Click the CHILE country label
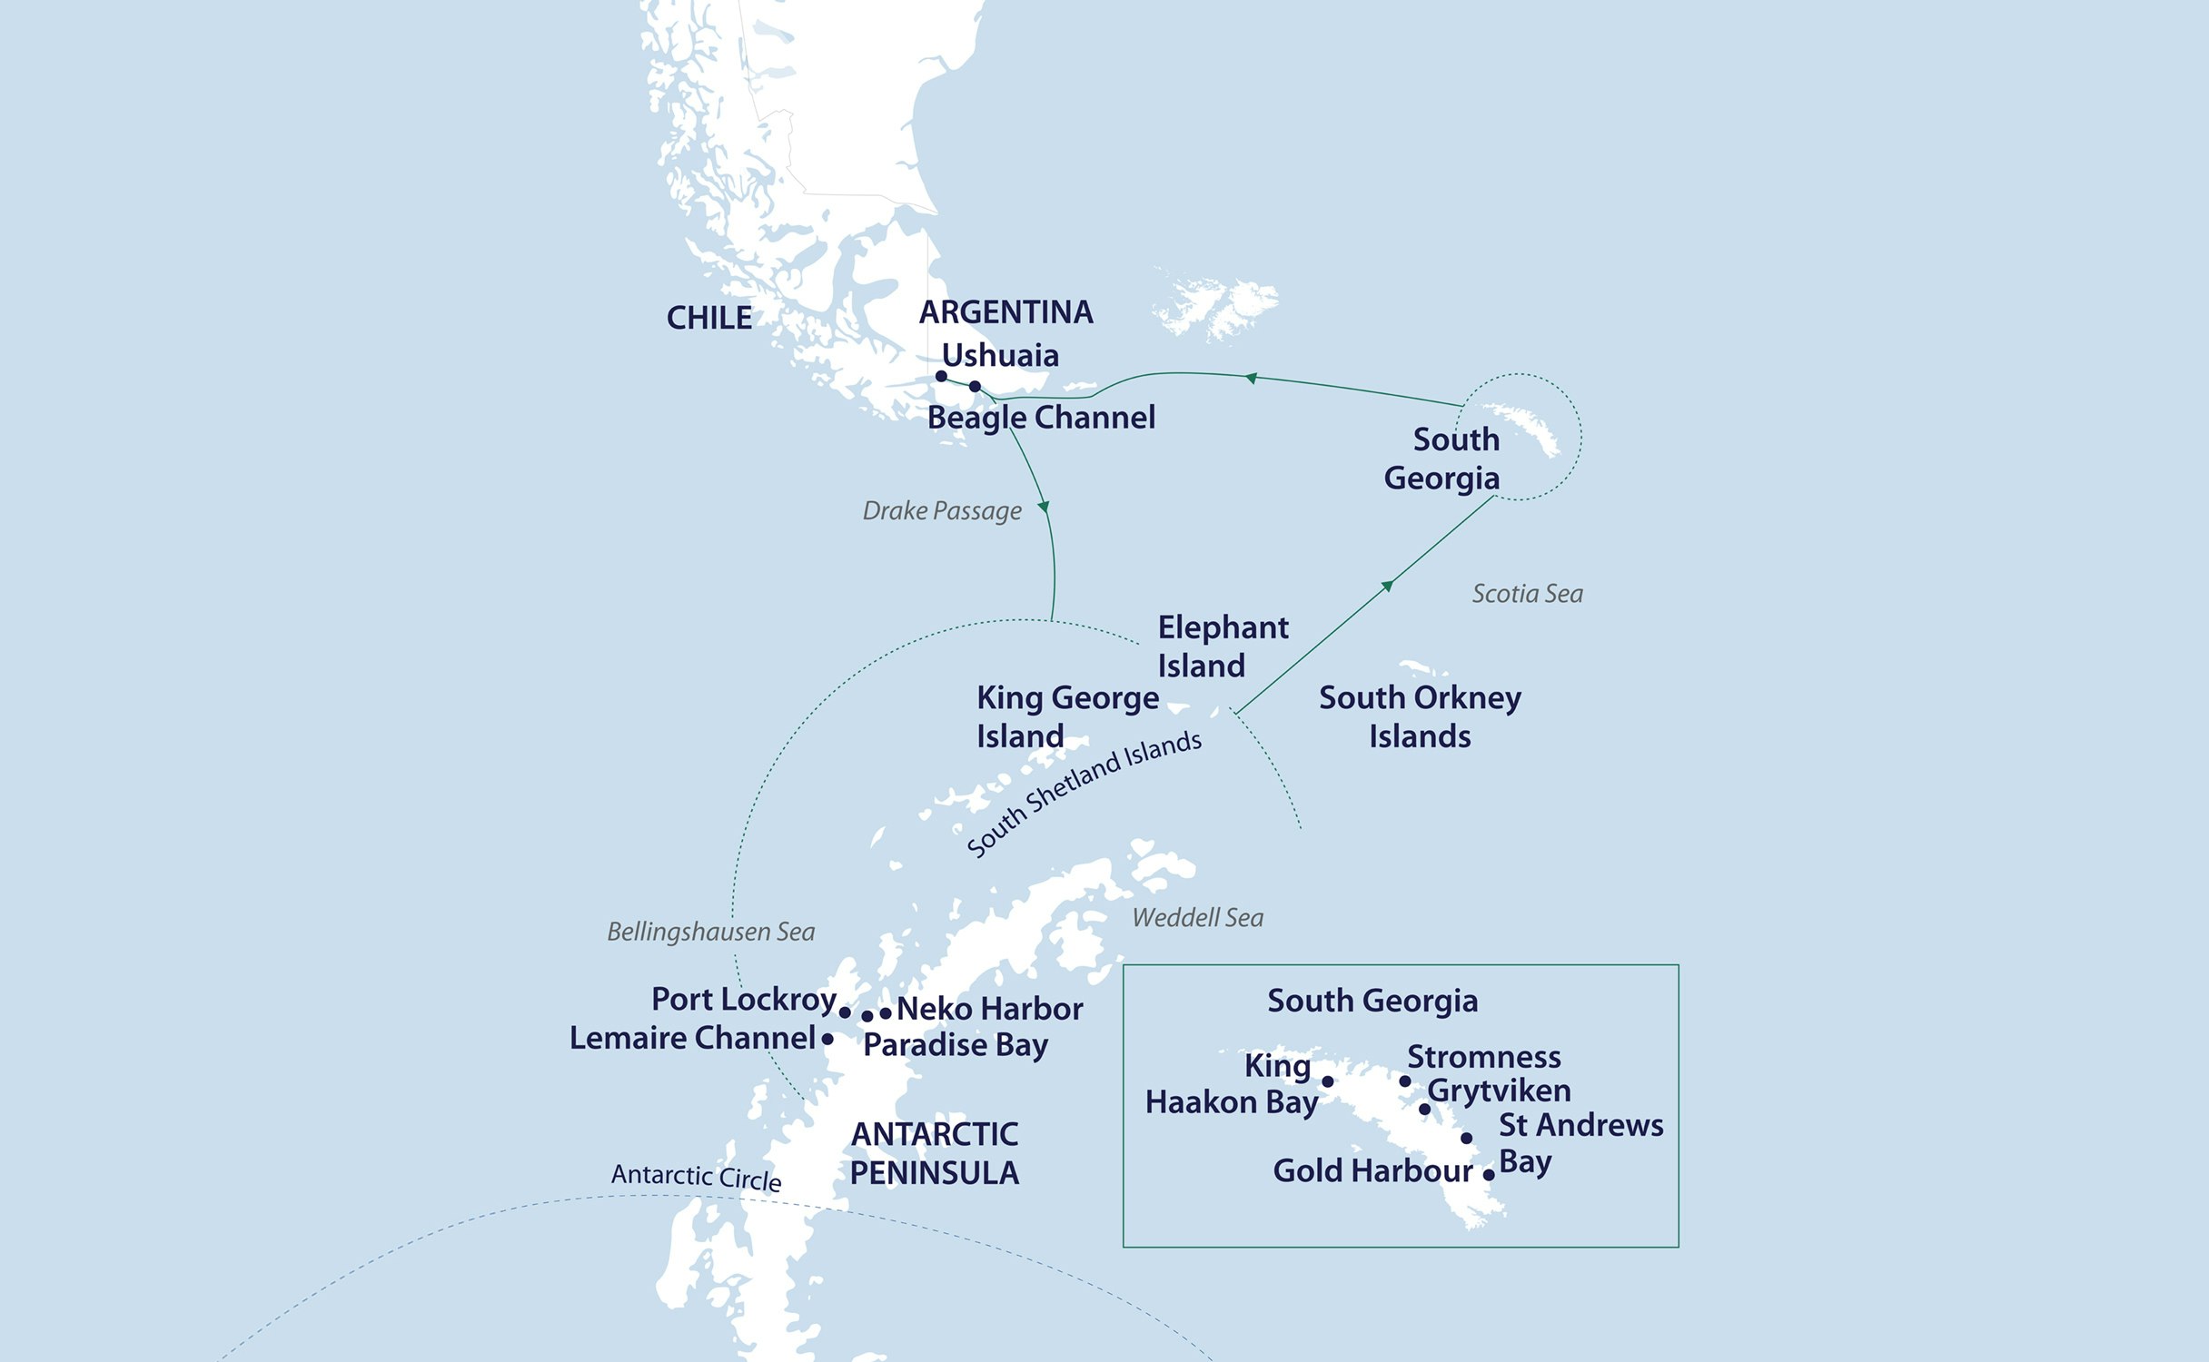708,318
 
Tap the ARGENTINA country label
1005,312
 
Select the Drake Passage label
942,511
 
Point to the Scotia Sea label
1527,594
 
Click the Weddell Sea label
1197,918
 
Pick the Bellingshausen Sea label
710,932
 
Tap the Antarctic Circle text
696,1177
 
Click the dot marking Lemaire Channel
827,1039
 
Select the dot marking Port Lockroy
845,1012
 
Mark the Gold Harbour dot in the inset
1489,1175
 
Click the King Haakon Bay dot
1328,1081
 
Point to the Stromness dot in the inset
1405,1081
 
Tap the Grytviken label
1499,1091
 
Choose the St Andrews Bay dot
1467,1139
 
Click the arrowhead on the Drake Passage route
1045,507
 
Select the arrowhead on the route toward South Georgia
1387,586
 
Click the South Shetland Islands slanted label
1084,794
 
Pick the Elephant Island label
1222,646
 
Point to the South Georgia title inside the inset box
1372,1001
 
